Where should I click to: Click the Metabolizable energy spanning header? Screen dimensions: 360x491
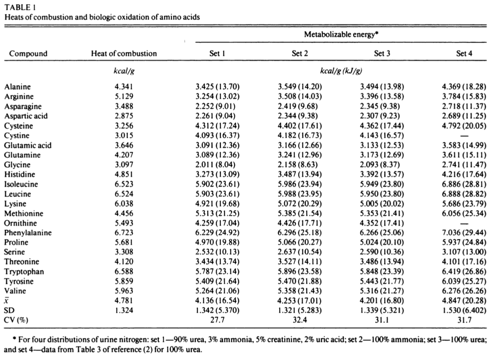pos(340,35)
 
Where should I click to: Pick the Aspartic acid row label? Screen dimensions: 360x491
pos(26,116)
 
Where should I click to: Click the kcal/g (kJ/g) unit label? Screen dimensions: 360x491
pos(341,70)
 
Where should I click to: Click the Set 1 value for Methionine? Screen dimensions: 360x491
pos(217,214)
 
